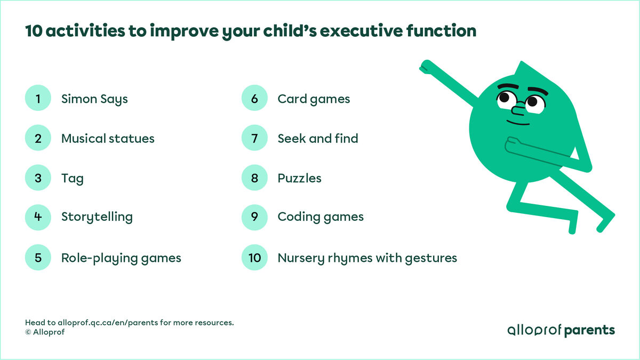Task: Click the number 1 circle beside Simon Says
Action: (x=38, y=99)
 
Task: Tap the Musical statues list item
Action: (x=108, y=139)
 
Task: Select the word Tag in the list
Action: (x=72, y=178)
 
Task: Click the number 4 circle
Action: (x=38, y=217)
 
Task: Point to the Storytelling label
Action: (x=97, y=217)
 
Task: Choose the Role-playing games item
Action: (x=121, y=258)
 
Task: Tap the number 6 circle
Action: (x=254, y=99)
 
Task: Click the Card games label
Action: (x=314, y=99)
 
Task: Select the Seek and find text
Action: (x=317, y=139)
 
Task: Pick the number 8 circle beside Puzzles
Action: (x=254, y=178)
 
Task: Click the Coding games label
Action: (x=321, y=217)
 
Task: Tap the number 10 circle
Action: (x=254, y=258)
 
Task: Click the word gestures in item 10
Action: (x=432, y=259)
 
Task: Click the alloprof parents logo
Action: (x=561, y=330)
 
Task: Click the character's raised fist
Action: (x=425, y=67)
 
